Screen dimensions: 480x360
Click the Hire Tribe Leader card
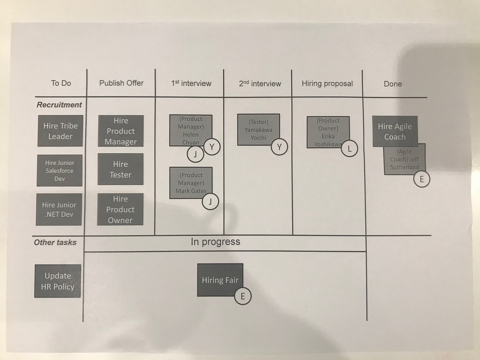(x=60, y=131)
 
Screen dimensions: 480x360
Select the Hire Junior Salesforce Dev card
(x=60, y=170)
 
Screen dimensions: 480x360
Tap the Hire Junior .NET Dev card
(x=59, y=209)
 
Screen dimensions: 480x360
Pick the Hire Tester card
(x=120, y=169)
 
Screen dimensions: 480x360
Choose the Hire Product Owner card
(x=120, y=209)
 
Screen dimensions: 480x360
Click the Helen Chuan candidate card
(x=191, y=130)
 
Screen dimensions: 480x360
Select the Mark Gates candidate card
(x=191, y=183)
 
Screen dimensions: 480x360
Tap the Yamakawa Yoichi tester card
(x=258, y=129)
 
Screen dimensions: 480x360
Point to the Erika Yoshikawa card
(x=328, y=132)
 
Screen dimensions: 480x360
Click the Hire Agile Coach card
(x=395, y=131)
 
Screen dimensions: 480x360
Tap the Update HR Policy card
(x=58, y=281)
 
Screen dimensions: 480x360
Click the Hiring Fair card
(x=220, y=280)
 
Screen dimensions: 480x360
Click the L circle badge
(x=350, y=149)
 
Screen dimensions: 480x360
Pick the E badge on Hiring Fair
(x=243, y=296)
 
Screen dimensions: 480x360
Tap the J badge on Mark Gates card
(x=210, y=202)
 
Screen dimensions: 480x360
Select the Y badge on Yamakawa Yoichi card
(x=279, y=147)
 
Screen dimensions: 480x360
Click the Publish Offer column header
(x=121, y=83)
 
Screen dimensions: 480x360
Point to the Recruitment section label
(x=59, y=105)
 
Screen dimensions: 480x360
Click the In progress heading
(x=215, y=242)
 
